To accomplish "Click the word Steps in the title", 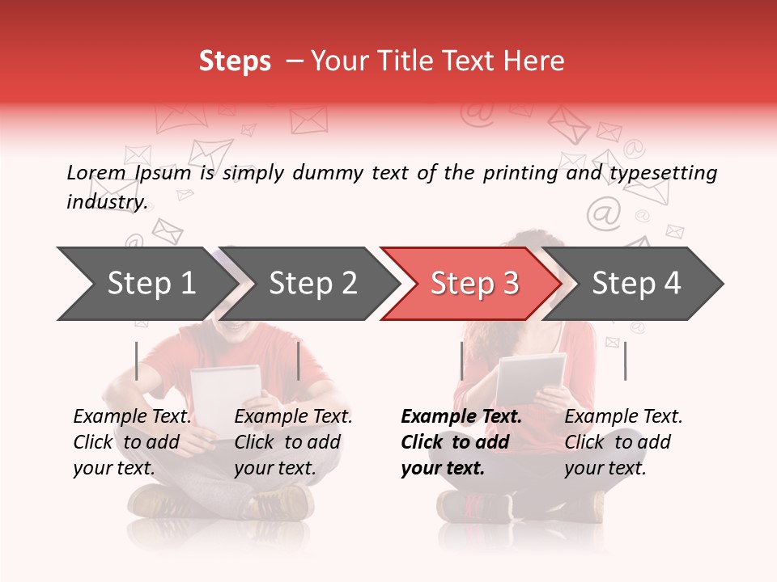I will (x=235, y=61).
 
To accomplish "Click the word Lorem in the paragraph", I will (x=96, y=173).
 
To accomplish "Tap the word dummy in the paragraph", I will (x=328, y=174).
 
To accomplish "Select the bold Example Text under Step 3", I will (x=461, y=417).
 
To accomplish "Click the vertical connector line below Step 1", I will (x=137, y=361).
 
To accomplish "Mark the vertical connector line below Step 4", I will (x=626, y=361).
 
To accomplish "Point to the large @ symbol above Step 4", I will (x=603, y=213).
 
